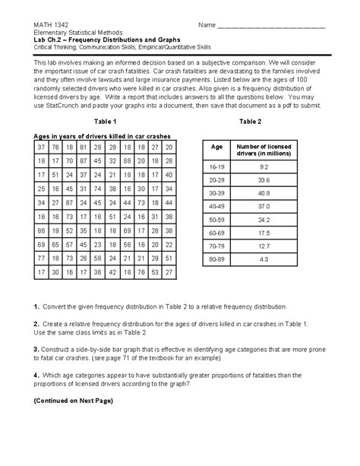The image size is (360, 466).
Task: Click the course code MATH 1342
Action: pyautogui.click(x=49, y=25)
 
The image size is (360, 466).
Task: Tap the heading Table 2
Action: pyautogui.click(x=249, y=122)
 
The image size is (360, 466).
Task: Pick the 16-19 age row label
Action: pyautogui.click(x=217, y=166)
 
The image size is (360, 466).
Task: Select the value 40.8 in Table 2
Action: pyautogui.click(x=263, y=193)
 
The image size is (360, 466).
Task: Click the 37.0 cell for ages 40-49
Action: pyautogui.click(x=263, y=207)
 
